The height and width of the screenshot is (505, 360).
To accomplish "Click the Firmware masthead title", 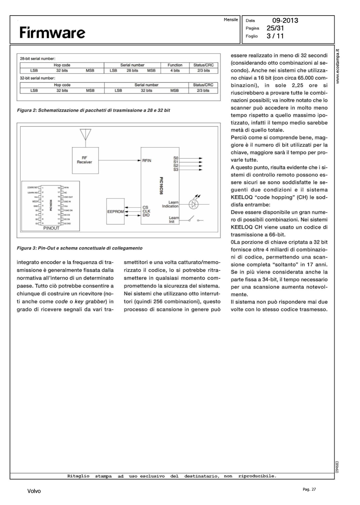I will point(52,33).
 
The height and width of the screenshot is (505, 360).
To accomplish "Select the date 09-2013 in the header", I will point(285,21).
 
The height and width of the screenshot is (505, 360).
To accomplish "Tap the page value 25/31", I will point(275,28).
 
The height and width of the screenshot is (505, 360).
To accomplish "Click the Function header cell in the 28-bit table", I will point(175,65).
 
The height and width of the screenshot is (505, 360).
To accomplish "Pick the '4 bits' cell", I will point(175,71).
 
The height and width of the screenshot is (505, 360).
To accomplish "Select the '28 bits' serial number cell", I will point(132,71).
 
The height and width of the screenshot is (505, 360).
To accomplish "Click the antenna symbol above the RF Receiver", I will point(86,135).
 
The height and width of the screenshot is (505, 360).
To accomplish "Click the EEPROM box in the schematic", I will point(116,211).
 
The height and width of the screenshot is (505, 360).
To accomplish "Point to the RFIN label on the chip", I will point(147,161).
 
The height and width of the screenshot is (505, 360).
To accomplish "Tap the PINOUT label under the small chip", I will point(51,228).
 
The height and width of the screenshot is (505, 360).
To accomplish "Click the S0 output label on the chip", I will point(176,158).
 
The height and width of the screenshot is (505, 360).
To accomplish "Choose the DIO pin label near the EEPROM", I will point(146,215).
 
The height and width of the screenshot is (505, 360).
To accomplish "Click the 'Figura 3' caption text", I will point(79,248).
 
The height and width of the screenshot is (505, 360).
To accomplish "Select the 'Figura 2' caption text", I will point(93,110).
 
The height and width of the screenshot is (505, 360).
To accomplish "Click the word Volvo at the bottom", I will point(34,491).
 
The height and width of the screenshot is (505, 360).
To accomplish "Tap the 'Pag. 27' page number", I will point(309,490).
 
